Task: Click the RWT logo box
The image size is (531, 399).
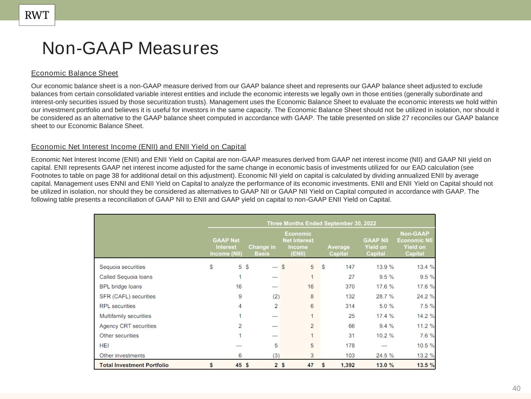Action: tap(37, 15)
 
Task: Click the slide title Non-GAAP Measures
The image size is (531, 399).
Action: tap(130, 48)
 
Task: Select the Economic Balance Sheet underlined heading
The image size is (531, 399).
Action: tap(75, 73)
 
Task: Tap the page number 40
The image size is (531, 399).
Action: tap(516, 388)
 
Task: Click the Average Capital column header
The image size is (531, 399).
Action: tap(338, 250)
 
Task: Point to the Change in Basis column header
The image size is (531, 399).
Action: tap(262, 250)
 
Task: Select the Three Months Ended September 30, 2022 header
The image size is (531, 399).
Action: tap(321, 223)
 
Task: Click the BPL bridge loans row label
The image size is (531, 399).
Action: tap(121, 286)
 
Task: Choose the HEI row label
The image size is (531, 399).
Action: tap(104, 346)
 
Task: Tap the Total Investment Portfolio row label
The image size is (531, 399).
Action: tap(134, 365)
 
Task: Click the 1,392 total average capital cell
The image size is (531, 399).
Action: tap(347, 365)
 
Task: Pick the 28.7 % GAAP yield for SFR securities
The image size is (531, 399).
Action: tap(385, 297)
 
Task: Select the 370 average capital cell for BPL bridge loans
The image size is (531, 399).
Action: tap(350, 286)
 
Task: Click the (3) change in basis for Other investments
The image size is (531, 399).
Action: tap(276, 355)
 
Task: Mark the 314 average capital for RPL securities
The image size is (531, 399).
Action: tap(350, 306)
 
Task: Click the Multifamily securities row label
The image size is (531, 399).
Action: tap(125, 316)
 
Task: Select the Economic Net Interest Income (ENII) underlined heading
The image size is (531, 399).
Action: tap(138, 147)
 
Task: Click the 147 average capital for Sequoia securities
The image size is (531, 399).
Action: tap(350, 267)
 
